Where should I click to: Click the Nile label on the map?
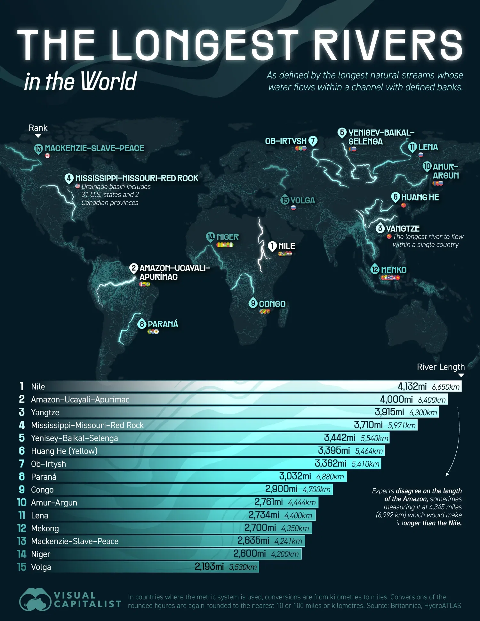coord(286,246)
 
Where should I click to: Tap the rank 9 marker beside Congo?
coord(253,303)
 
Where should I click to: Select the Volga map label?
coord(302,200)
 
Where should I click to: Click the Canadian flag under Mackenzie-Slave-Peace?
coord(47,156)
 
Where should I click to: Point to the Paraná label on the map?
coord(163,324)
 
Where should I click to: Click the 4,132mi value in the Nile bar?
coord(412,386)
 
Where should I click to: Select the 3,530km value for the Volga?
coord(243,567)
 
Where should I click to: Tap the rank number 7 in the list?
coord(22,464)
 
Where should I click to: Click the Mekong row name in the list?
coord(45,528)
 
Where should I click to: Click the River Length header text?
coord(441,367)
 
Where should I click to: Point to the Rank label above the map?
coord(38,128)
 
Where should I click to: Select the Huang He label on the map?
coord(420,197)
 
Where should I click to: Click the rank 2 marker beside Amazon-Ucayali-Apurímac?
coord(134,268)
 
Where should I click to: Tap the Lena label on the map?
coord(428,147)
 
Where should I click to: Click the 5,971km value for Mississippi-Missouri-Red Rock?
coord(402,425)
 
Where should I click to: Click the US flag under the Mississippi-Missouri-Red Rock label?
coord(77,186)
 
